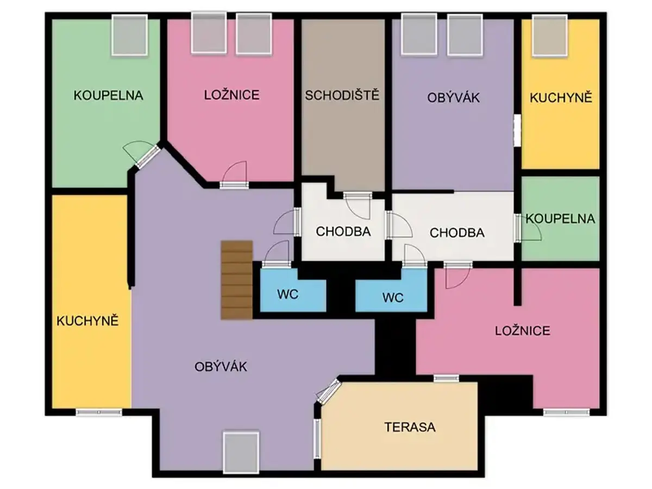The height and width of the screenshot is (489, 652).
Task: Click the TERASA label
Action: click(410, 427)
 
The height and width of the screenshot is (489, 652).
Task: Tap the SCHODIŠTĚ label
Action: click(342, 95)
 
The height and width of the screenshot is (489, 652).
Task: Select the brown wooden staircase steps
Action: click(237, 280)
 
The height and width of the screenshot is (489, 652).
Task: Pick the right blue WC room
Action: click(391, 290)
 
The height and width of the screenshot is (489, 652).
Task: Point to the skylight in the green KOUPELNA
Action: click(129, 35)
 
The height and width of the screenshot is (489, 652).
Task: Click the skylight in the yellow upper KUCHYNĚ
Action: click(549, 35)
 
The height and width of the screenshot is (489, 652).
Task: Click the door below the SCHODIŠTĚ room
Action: click(358, 205)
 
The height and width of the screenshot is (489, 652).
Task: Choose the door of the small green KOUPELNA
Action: click(527, 228)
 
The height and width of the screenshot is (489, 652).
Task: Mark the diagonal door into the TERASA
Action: click(328, 392)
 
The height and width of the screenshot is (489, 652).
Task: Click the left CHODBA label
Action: click(343, 231)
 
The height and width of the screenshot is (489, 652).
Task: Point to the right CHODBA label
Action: click(457, 233)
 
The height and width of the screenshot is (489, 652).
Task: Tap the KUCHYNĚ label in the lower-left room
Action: click(87, 321)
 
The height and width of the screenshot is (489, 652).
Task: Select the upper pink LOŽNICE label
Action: click(231, 95)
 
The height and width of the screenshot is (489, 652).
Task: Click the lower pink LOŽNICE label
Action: click(523, 331)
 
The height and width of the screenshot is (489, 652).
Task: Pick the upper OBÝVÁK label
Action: click(453, 98)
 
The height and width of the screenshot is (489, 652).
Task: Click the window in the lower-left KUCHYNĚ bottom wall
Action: click(99, 412)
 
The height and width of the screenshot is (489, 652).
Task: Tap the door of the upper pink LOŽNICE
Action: click(234, 174)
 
